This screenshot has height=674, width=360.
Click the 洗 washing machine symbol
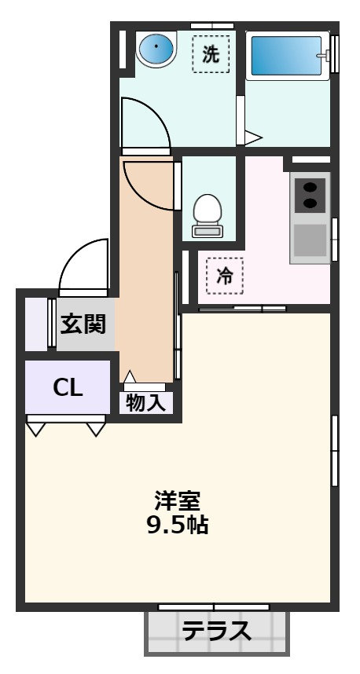click(210, 54)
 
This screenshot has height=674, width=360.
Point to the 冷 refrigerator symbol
click(225, 276)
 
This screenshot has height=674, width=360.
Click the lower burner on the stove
click(310, 204)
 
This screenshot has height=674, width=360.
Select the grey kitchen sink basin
click(310, 240)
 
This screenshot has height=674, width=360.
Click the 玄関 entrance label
click(84, 322)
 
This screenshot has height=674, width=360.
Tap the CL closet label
click(68, 387)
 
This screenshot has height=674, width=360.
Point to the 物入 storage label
click(146, 404)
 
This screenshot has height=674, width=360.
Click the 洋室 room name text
click(177, 500)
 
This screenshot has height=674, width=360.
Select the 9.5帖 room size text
click(177, 525)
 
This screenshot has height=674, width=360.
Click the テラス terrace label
click(216, 631)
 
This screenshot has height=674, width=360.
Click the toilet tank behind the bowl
click(208, 232)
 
